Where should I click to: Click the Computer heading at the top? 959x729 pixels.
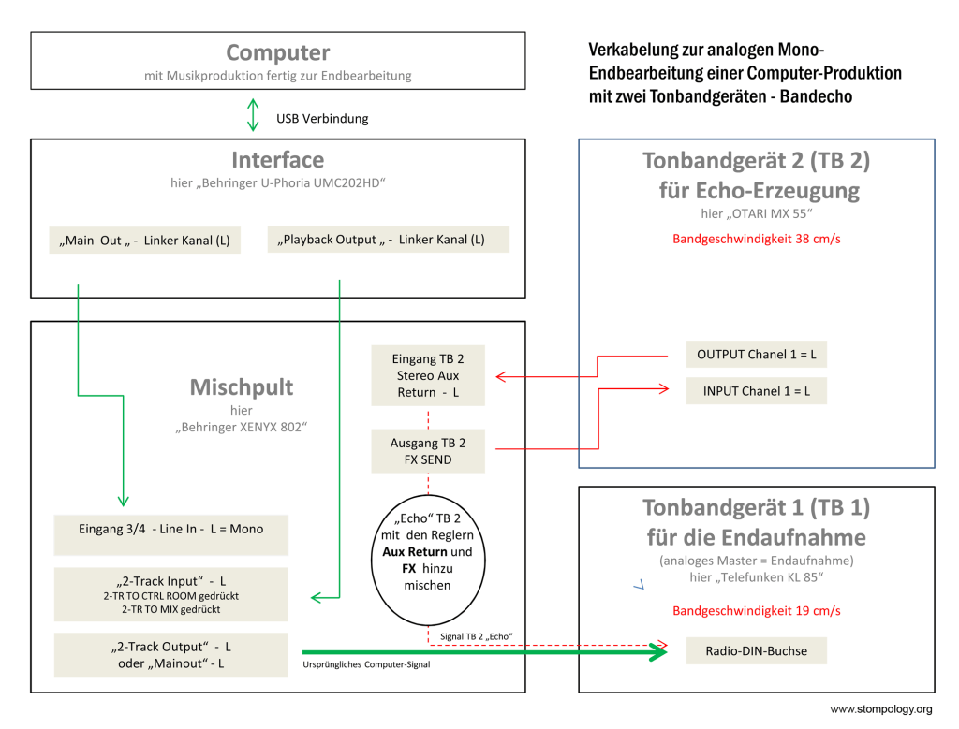(277, 53)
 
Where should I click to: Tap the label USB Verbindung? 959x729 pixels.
(322, 119)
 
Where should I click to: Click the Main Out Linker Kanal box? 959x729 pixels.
(145, 241)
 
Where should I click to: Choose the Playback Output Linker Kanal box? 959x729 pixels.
(388, 240)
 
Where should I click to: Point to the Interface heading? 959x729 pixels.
(277, 160)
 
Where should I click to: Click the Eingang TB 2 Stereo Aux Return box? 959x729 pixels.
(428, 375)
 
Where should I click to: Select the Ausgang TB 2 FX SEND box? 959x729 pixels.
(428, 451)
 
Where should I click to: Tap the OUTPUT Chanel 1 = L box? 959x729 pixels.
(757, 355)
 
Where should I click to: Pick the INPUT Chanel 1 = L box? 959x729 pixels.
(757, 391)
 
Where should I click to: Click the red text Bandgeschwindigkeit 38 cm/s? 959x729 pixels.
(756, 239)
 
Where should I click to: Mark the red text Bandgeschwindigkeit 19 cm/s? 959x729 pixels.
(756, 611)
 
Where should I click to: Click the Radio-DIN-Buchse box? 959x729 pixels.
(757, 650)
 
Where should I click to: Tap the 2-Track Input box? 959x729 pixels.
(170, 593)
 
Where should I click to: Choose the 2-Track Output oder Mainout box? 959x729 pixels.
(170, 654)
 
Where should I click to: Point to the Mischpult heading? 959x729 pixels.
(242, 387)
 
